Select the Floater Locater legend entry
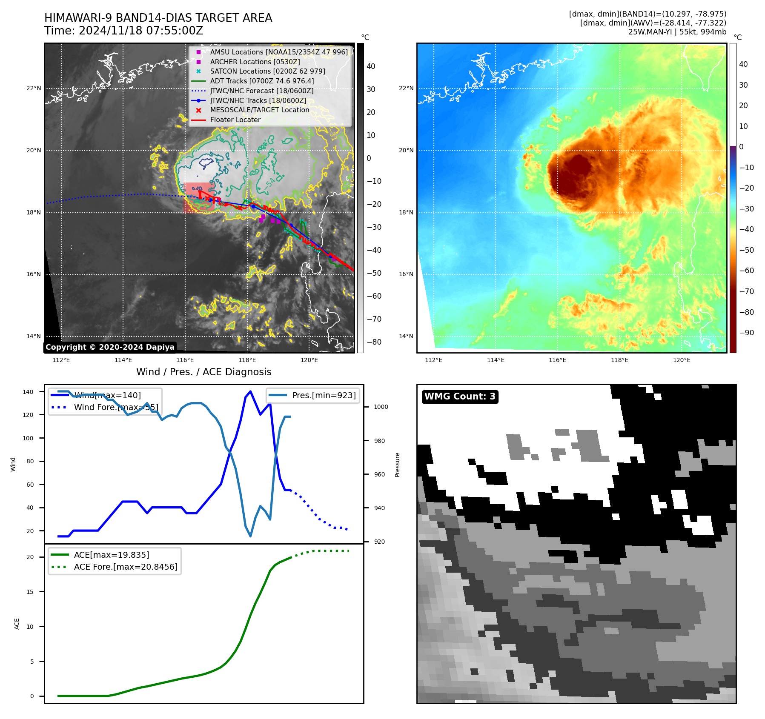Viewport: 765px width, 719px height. (235, 120)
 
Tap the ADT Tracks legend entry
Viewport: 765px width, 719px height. (262, 81)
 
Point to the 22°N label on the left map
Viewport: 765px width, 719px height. (34, 88)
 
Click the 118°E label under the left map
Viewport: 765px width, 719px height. (247, 360)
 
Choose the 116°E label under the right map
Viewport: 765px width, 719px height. (557, 360)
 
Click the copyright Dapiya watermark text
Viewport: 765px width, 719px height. (110, 347)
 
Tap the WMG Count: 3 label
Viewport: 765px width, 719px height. (460, 397)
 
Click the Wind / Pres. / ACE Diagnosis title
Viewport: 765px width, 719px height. (203, 372)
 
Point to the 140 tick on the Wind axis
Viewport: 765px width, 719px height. (28, 392)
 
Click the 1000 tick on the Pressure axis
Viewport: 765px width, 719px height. (381, 407)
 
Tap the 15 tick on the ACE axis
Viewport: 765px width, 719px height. (30, 592)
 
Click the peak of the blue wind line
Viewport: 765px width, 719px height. (250, 391)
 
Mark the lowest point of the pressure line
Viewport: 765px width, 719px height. (250, 536)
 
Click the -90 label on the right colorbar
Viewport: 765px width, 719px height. (746, 333)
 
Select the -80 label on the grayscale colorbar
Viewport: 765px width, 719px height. (374, 342)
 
